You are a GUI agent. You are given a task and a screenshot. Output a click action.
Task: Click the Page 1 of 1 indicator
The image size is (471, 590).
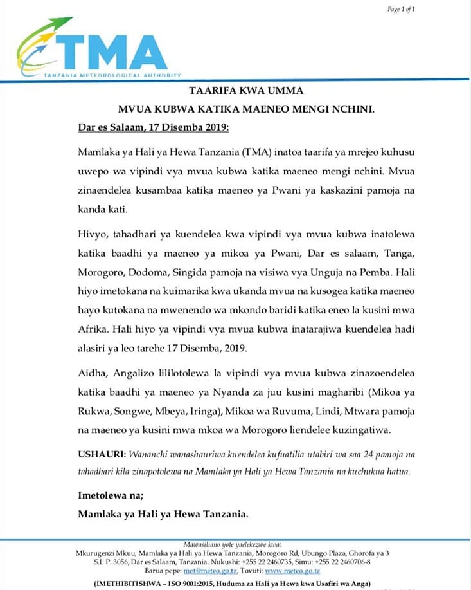(x=402, y=9)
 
